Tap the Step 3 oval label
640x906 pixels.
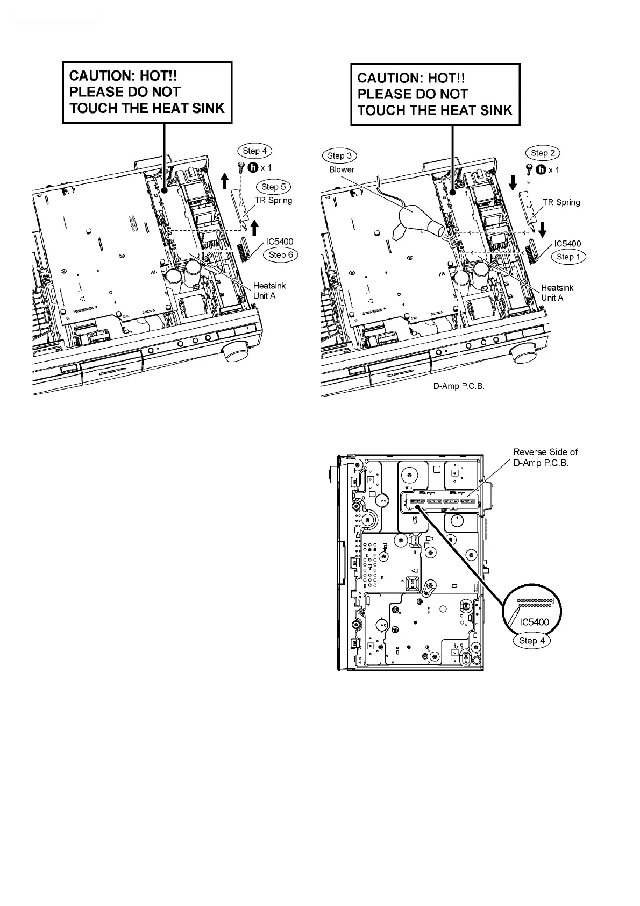(340, 155)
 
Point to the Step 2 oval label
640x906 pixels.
(543, 153)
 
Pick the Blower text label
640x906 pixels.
(342, 169)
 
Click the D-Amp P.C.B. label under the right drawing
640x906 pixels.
(459, 387)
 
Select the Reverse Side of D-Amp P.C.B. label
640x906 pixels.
(545, 457)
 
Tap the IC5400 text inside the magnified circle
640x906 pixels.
(534, 622)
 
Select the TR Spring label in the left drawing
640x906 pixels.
(273, 200)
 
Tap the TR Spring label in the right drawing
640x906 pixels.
(561, 202)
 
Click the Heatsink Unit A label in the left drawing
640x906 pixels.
(269, 291)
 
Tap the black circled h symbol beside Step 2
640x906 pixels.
(541, 169)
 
